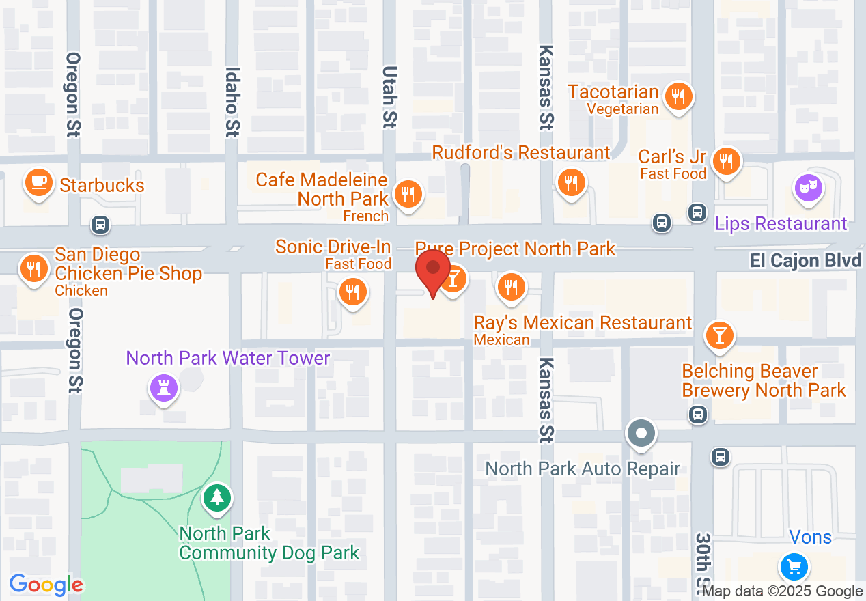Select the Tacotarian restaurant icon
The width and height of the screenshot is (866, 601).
point(678,96)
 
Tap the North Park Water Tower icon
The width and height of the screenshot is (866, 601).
point(163,389)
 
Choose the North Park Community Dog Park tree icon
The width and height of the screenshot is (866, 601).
point(217,497)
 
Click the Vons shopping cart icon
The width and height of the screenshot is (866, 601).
point(794,566)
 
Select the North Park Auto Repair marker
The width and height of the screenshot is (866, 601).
point(641,434)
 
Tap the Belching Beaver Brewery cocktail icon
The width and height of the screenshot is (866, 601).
point(719,335)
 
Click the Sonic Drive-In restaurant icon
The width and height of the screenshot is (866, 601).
point(352,292)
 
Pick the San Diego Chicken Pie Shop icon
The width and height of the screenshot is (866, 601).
point(31,267)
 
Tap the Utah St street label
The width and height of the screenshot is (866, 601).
point(389,96)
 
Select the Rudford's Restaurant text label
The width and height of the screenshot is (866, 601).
point(521,152)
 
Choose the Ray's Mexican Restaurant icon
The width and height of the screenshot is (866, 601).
point(510,287)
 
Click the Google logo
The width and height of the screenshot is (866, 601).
point(46,585)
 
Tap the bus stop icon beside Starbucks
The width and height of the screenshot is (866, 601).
point(100,223)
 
